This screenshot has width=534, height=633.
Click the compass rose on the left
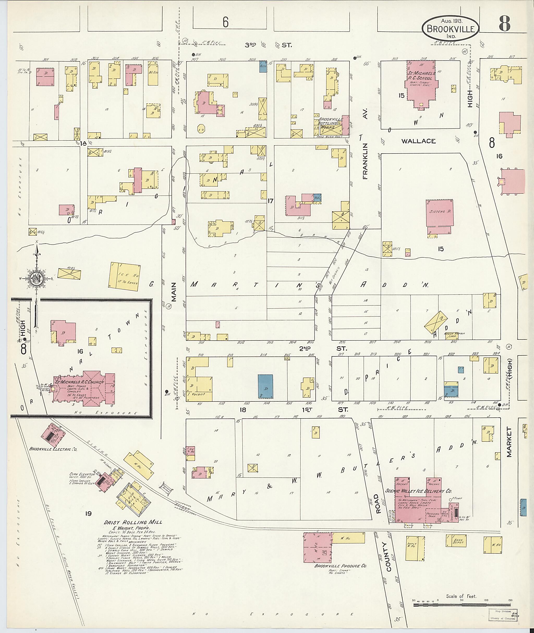click(x=36, y=278)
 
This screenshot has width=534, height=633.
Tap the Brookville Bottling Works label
click(x=331, y=123)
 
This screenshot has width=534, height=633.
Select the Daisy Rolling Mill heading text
click(x=133, y=522)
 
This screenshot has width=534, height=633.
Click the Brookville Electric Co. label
click(x=53, y=449)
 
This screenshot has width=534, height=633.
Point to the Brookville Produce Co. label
click(x=340, y=566)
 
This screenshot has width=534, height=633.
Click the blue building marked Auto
click(x=263, y=66)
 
